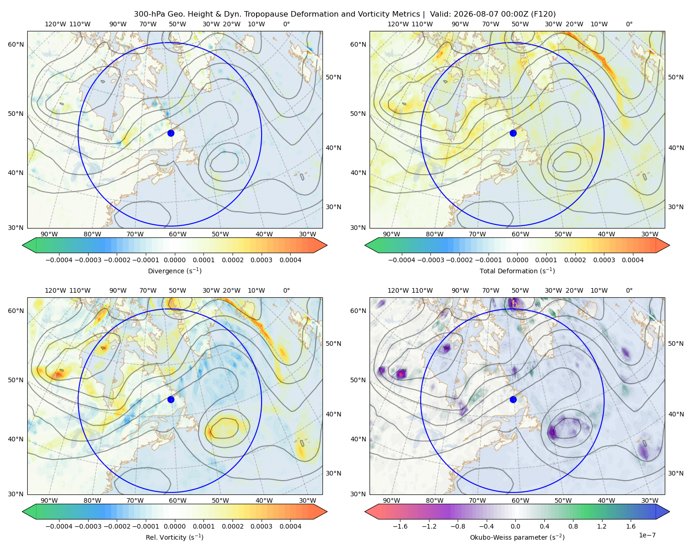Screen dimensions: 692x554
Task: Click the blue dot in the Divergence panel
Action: [171, 133]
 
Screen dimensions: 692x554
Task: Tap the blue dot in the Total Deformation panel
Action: [513, 133]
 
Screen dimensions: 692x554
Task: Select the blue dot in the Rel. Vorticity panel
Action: [171, 399]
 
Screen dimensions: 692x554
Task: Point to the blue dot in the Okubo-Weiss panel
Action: [513, 399]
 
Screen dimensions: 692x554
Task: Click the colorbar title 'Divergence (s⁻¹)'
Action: [174, 271]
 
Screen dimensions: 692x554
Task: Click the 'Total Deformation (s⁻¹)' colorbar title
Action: [517, 271]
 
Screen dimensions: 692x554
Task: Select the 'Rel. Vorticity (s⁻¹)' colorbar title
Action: [174, 537]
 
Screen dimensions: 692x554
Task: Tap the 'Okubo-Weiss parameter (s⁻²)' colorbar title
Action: [517, 537]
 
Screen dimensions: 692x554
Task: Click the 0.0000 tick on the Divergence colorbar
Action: [174, 260]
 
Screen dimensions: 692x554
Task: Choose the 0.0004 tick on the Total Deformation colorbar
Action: [632, 260]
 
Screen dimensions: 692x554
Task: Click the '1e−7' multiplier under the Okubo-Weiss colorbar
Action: [647, 535]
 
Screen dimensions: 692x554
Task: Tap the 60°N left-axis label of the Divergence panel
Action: [16, 44]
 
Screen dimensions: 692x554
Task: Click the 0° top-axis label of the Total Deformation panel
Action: [629, 24]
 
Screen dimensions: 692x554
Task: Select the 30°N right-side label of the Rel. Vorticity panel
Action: [334, 473]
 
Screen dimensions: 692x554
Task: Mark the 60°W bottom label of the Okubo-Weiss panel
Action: [520, 500]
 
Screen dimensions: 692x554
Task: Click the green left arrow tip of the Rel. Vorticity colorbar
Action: [23, 512]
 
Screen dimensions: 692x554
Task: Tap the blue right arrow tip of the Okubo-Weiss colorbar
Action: [669, 512]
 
